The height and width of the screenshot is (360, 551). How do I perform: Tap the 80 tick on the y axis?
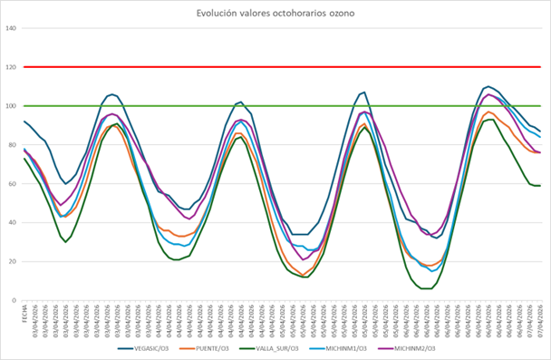[13, 145]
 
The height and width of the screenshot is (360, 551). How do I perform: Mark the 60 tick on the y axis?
[13, 184]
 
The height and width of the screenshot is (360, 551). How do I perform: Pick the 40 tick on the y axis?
[13, 223]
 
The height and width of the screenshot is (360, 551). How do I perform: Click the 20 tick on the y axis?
[13, 262]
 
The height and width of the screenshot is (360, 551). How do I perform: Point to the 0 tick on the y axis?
[14, 301]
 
